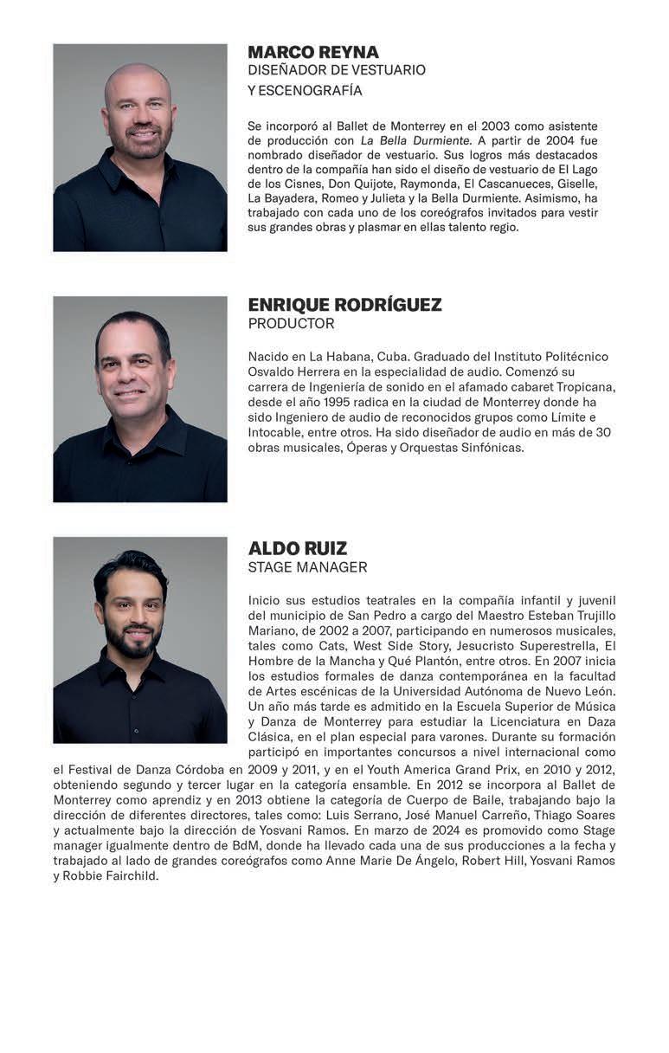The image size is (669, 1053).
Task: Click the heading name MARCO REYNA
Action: pyautogui.click(x=313, y=52)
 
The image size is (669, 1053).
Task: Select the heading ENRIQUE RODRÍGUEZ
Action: pyautogui.click(x=344, y=305)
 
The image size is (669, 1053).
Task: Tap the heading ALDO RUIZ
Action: pyautogui.click(x=298, y=548)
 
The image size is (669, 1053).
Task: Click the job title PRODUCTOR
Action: pyautogui.click(x=291, y=324)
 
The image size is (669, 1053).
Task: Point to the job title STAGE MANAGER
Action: pyautogui.click(x=307, y=567)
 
